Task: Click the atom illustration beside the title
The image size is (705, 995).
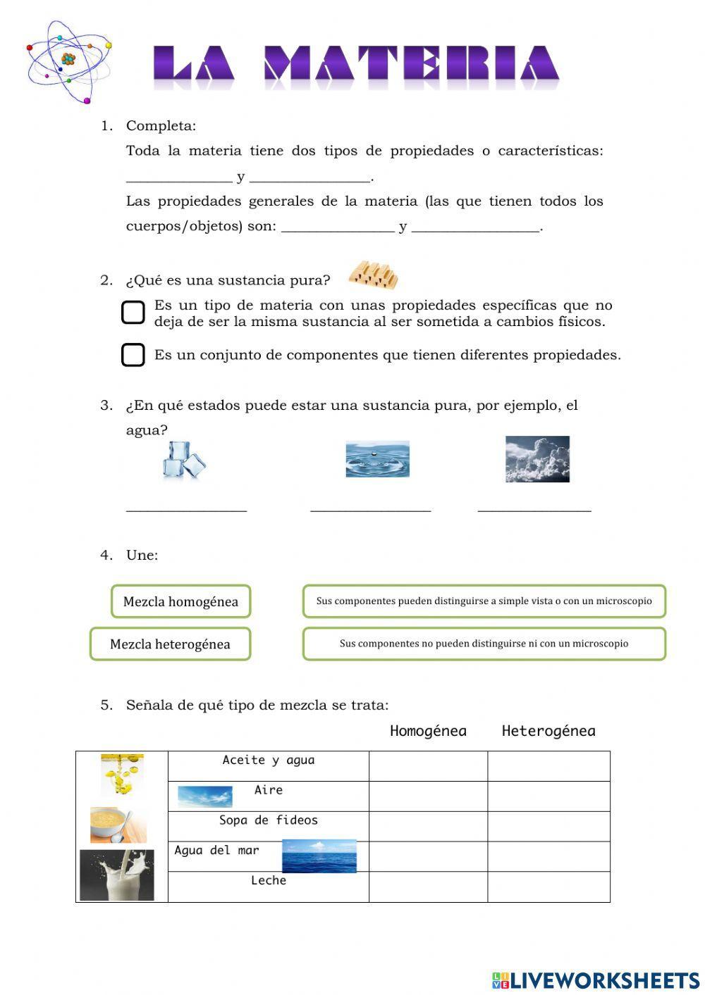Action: tap(68, 61)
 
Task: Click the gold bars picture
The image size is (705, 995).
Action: tap(373, 275)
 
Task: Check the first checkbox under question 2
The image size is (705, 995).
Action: tap(133, 313)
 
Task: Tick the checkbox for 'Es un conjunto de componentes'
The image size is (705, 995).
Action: tap(133, 355)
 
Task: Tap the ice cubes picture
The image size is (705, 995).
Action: tap(184, 461)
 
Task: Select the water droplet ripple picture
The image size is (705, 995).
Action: tap(377, 459)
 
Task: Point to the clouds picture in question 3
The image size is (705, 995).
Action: tap(537, 459)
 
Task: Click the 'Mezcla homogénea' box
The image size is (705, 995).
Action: tap(180, 601)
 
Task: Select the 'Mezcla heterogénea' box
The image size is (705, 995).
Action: tap(170, 644)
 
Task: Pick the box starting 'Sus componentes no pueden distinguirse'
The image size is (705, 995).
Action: tap(484, 644)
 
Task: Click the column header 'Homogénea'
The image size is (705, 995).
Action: tap(428, 731)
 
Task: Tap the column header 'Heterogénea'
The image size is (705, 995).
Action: tap(548, 731)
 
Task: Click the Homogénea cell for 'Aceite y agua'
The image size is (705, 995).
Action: tap(428, 765)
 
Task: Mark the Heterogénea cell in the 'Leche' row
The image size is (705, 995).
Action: tap(548, 887)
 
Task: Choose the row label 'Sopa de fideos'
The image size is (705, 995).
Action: tap(268, 820)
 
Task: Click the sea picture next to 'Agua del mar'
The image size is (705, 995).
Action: tap(319, 856)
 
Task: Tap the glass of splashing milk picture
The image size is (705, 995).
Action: tap(116, 875)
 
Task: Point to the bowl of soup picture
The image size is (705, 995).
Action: tap(118, 825)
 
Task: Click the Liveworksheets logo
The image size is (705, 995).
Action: tap(595, 980)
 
